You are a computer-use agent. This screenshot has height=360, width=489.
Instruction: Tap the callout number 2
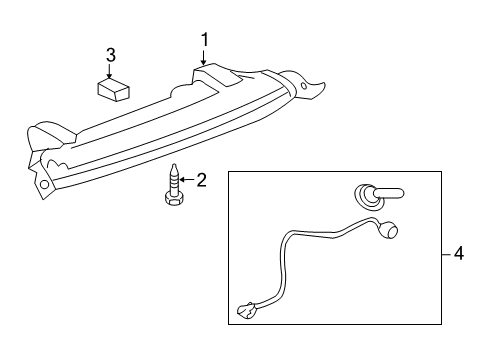pyautogui.click(x=201, y=180)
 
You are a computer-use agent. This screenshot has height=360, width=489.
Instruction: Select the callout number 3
pyautogui.click(x=111, y=54)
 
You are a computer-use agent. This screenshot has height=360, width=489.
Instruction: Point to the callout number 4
pyautogui.click(x=458, y=253)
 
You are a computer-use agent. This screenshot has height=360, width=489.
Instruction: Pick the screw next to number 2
pyautogui.click(x=173, y=184)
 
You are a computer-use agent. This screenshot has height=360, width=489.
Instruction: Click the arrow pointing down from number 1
pyautogui.click(x=203, y=58)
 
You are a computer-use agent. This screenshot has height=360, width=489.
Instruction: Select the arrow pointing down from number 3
pyautogui.click(x=111, y=69)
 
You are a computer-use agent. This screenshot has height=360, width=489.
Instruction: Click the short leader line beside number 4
pyautogui.click(x=445, y=253)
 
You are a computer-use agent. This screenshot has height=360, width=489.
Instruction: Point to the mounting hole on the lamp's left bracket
pyautogui.click(x=44, y=184)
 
